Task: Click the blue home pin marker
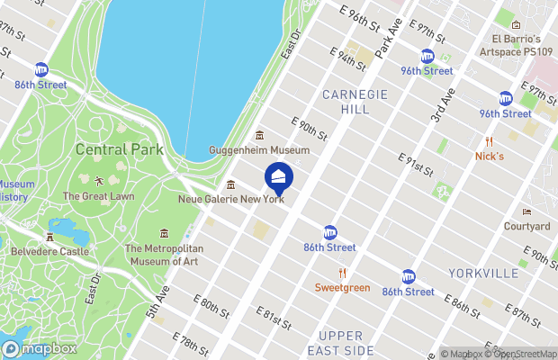click(279, 177)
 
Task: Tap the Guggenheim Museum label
click(259, 149)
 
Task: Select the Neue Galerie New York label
click(231, 199)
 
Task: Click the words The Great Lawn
click(98, 195)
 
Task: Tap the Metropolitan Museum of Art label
click(164, 255)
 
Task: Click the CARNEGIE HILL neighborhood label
click(355, 101)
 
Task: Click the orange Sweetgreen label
click(342, 287)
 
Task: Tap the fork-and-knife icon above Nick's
click(489, 141)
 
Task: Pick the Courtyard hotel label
click(526, 226)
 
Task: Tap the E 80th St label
click(211, 306)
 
